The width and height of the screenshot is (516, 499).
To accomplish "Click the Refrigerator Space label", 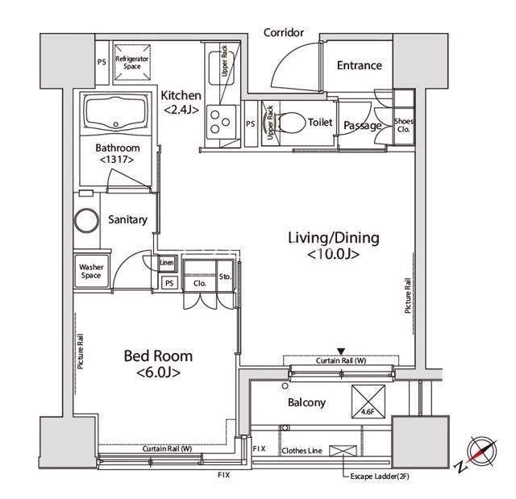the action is point(132,63).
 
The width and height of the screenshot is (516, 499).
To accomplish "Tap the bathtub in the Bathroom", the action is point(116,113).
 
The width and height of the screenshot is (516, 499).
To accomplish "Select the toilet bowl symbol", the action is point(291,123).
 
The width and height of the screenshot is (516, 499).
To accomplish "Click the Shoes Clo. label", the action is point(404,125).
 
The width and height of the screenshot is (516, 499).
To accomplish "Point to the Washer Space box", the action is point(91,271).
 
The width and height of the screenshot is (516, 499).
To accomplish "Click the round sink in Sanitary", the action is point(86,220).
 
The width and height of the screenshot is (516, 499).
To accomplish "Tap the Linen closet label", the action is point(167,263).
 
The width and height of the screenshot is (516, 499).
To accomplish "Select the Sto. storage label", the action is point(225,277).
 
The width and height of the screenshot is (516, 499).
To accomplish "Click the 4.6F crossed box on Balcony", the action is point(368,401).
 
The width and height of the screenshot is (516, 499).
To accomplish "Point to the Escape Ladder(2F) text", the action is point(380,476).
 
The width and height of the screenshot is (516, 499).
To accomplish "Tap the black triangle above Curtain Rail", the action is point(341,351).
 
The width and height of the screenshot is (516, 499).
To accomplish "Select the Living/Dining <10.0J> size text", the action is point(333,254).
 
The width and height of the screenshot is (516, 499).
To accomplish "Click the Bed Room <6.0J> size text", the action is point(158,372).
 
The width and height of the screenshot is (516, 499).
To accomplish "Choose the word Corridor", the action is point(284,32).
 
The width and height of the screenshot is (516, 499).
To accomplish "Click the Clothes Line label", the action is point(302,451).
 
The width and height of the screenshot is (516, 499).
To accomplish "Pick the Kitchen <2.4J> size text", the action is point(181,109).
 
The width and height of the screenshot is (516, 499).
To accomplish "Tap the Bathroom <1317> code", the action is point(117,160).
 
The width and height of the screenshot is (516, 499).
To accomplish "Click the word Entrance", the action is point(360,65).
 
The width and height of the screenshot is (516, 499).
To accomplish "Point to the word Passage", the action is point(363,126).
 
